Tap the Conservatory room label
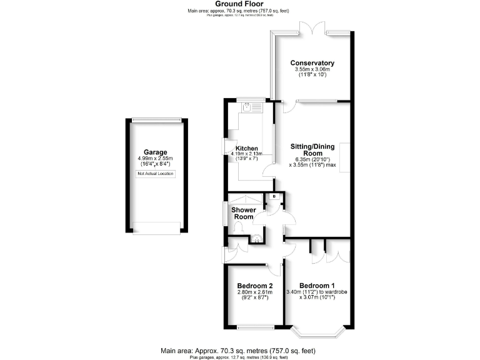click(312, 63)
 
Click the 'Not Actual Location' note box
click(156, 173)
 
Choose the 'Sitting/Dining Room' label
click(312, 150)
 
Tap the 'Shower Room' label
click(244, 213)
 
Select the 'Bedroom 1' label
click(319, 286)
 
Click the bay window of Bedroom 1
click(319, 331)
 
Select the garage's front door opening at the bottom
click(156, 232)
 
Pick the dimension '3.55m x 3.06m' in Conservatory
click(312, 69)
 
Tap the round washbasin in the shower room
click(256, 237)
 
